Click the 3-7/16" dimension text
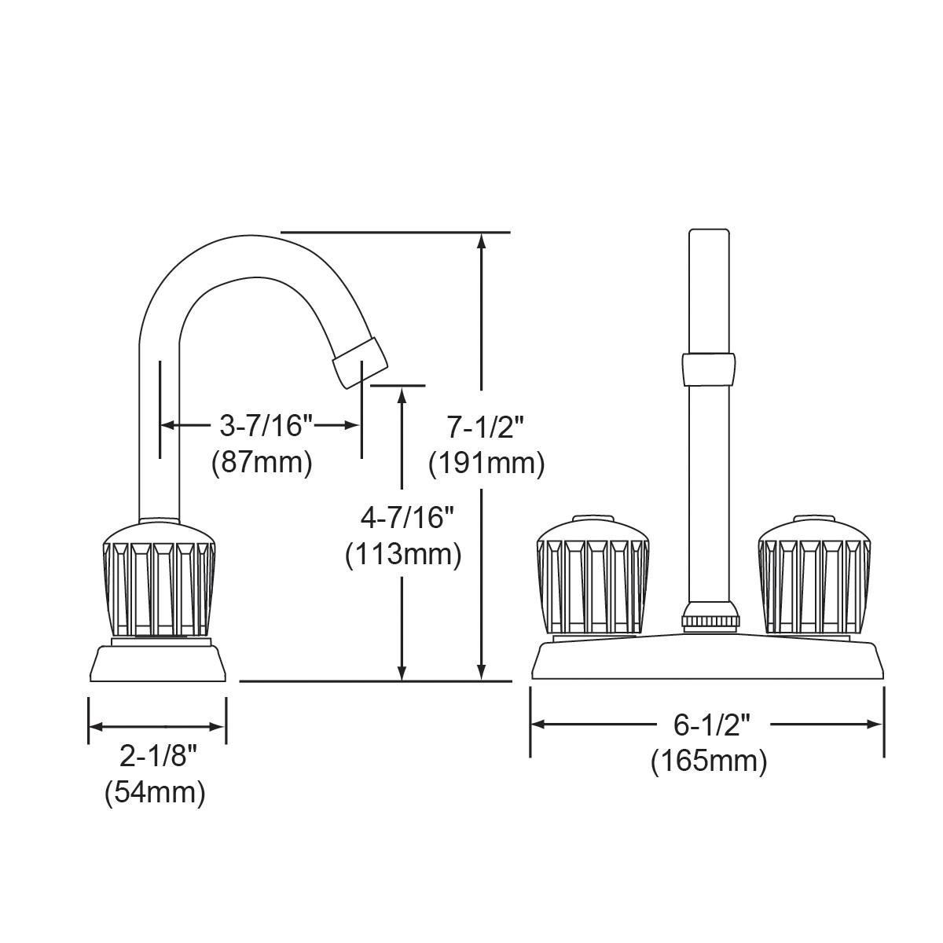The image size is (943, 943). [x=266, y=426]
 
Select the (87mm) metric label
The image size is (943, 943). [x=262, y=462]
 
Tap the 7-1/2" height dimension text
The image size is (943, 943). [x=486, y=427]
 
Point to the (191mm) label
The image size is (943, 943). [x=486, y=464]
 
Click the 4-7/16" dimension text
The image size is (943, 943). [x=402, y=518]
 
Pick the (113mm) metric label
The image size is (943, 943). [x=402, y=555]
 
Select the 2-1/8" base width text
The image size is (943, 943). [x=156, y=757]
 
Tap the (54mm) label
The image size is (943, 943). [x=155, y=793]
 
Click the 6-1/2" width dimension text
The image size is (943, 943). [x=707, y=725]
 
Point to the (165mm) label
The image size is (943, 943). [x=708, y=761]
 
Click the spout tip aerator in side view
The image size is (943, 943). [x=360, y=361]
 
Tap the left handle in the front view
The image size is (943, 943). [x=593, y=575]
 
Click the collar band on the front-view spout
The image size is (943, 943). [x=710, y=369]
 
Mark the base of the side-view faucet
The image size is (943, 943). [x=158, y=662]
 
